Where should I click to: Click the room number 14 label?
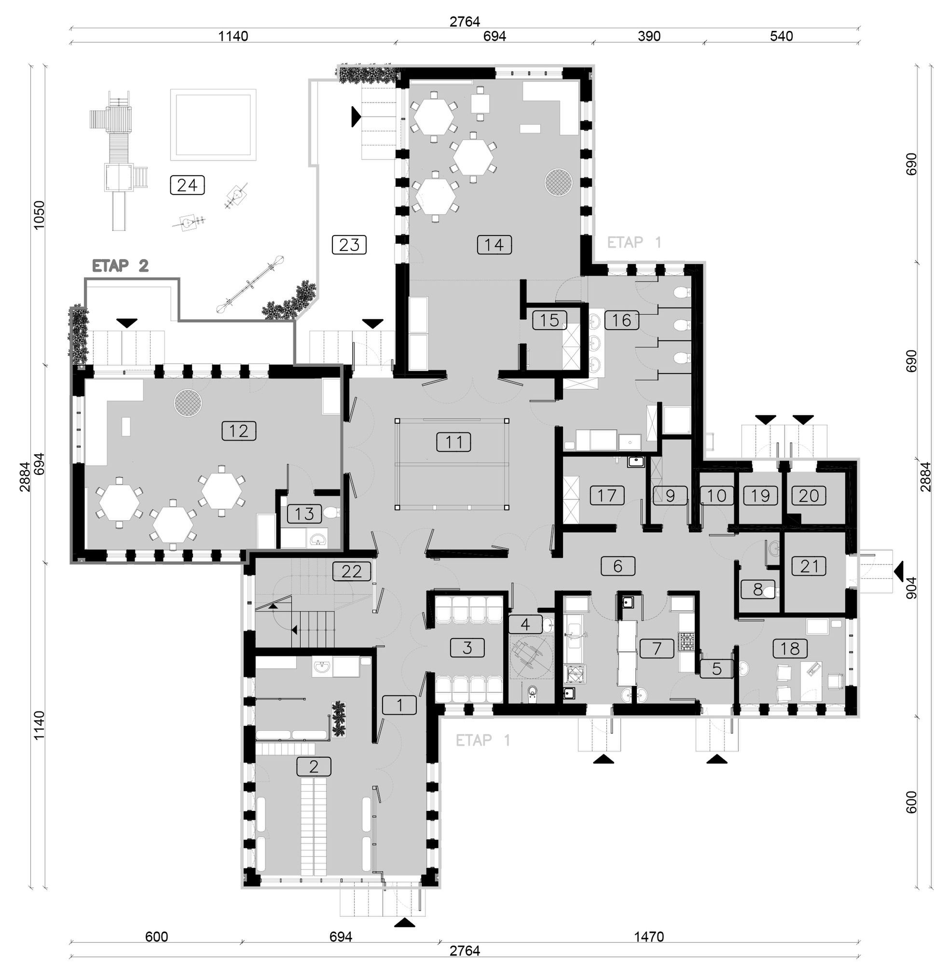[494, 245]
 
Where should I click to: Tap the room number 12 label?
[239, 431]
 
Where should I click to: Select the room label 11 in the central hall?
[453, 442]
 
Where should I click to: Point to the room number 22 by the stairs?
[352, 571]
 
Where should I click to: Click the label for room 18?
[790, 649]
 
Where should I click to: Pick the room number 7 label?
[657, 648]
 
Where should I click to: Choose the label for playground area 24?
[187, 185]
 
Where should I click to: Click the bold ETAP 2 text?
[121, 265]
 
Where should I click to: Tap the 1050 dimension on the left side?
[39, 215]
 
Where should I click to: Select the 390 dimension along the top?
[649, 36]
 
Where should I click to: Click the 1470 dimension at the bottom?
[649, 937]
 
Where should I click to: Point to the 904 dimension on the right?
[911, 587]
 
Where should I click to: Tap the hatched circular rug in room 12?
[188, 402]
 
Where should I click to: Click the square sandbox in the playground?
[213, 125]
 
